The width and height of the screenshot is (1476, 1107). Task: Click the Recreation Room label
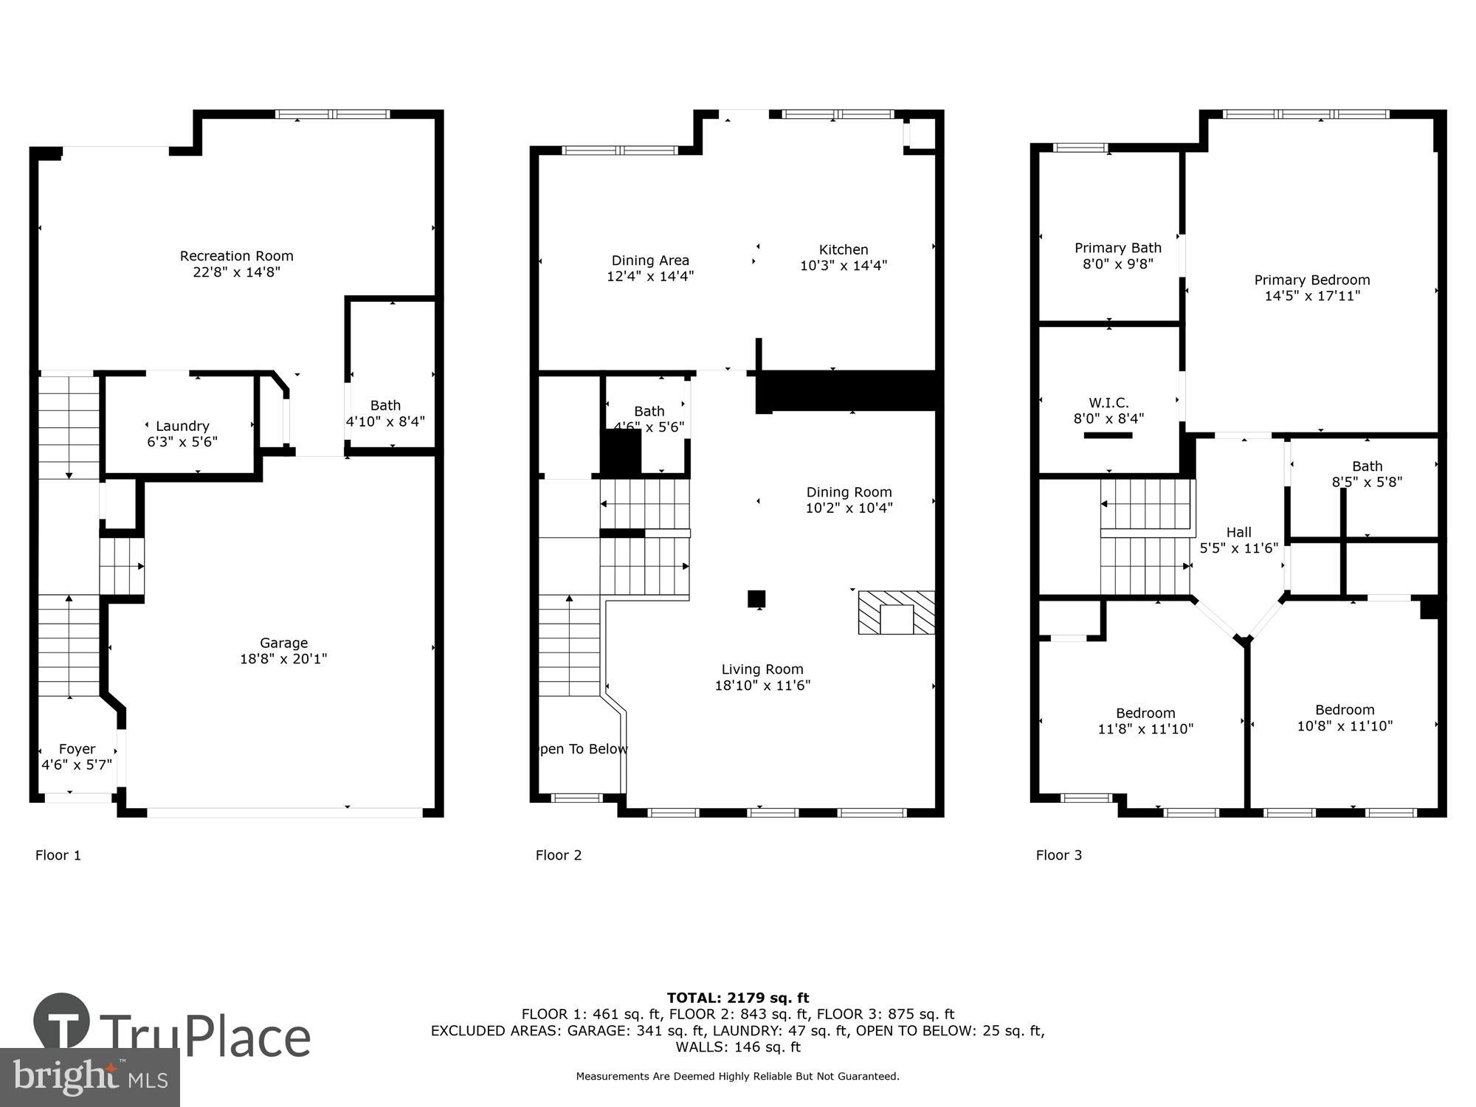[236, 256]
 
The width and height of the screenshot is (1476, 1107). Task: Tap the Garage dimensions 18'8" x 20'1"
[283, 659]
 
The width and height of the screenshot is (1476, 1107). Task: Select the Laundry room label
[182, 426]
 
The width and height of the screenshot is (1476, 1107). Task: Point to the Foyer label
[77, 749]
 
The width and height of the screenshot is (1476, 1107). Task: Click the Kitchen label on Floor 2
[843, 249]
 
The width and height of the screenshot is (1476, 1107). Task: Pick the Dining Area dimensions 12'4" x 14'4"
[650, 277]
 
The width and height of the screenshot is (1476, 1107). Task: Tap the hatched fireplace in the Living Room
[896, 613]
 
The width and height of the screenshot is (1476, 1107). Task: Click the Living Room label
[762, 669]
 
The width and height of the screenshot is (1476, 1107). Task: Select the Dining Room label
[849, 492]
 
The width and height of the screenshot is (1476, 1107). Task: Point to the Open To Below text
[583, 749]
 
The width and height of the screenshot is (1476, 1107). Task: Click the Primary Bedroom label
[1311, 280]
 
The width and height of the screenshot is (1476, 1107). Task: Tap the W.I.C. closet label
[1108, 403]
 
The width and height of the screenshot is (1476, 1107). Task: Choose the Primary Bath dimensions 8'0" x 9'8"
[1117, 264]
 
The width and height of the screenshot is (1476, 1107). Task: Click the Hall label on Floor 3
[1238, 532]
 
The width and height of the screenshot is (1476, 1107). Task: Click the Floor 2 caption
[559, 855]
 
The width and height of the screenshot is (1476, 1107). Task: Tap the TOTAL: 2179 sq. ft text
[738, 999]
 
